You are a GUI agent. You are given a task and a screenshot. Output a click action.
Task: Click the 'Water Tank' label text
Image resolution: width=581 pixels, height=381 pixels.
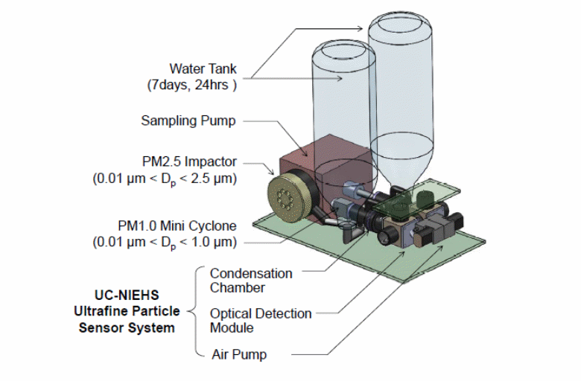pos(203,69)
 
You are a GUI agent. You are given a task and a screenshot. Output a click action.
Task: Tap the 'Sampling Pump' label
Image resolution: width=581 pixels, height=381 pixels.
pos(188,120)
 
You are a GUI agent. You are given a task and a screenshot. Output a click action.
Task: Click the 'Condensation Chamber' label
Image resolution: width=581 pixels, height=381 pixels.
pos(250,281)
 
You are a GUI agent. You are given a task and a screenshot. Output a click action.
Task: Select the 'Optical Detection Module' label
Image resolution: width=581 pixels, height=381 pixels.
pos(260,321)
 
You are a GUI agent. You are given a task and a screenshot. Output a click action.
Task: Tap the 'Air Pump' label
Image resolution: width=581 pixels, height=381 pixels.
pos(238,355)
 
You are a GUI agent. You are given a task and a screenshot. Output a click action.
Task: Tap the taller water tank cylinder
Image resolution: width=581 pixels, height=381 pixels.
pos(403,74)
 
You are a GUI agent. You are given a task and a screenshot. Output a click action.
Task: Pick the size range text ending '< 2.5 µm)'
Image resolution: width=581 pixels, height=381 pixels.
pos(165,179)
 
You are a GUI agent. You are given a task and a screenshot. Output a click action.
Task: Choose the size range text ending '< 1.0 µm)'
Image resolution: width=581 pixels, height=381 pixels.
pos(165,242)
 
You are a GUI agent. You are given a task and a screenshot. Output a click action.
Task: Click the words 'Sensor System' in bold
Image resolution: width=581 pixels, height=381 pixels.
pos(127,328)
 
